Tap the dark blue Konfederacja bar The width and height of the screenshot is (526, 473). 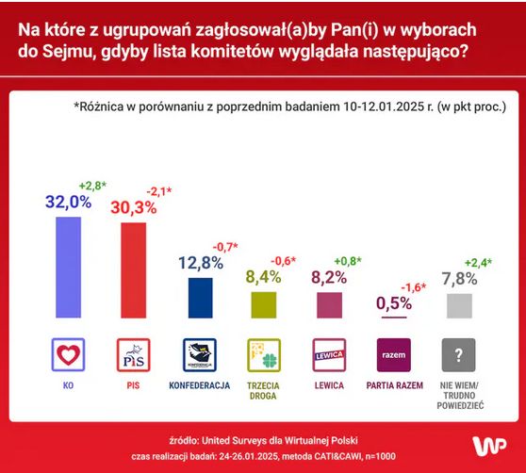click(x=200, y=297)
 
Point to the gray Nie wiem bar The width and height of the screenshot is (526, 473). click(x=458, y=305)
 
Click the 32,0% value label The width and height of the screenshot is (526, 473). click(x=68, y=201)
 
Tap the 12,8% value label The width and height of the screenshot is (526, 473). click(x=199, y=263)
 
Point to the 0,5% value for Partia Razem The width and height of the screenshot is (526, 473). click(x=394, y=302)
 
